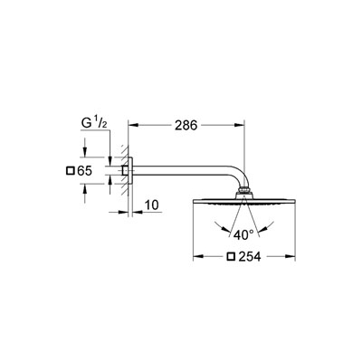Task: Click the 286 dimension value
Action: (186, 125)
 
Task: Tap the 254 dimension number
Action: (250, 256)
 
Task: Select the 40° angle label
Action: (243, 235)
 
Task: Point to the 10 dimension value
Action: (152, 205)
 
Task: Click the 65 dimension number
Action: (84, 171)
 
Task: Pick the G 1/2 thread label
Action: (94, 123)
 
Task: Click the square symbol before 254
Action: (231, 256)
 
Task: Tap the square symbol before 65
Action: (70, 171)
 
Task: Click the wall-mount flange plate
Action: (130, 170)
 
